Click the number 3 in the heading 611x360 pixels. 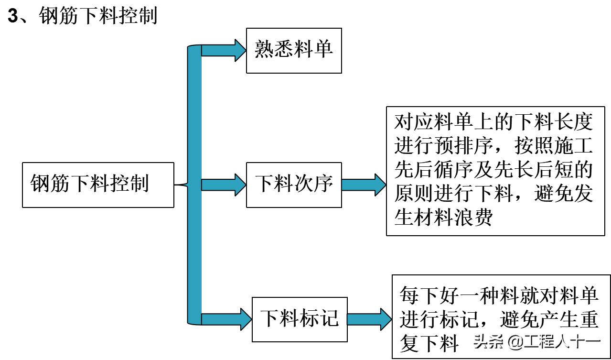(x=13, y=17)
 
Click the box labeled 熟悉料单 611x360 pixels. (x=294, y=50)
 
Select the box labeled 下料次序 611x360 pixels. (x=294, y=185)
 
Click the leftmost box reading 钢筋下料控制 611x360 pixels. (x=98, y=185)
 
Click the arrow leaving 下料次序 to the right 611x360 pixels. (x=363, y=185)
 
